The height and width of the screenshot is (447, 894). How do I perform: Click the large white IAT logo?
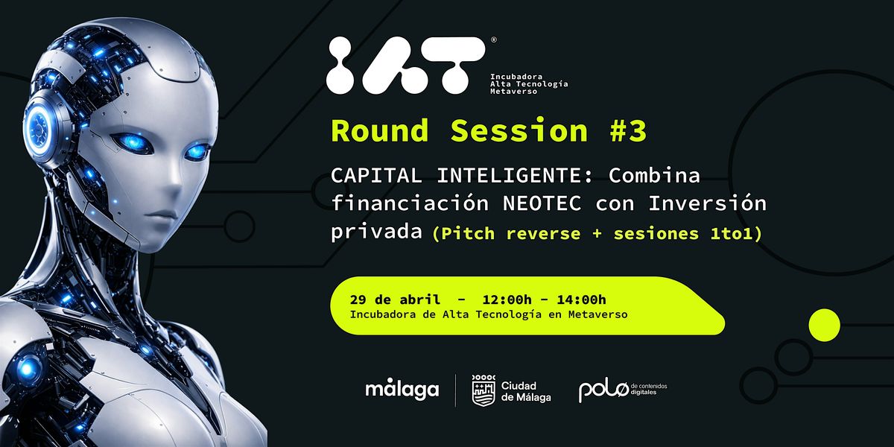click(x=406, y=66)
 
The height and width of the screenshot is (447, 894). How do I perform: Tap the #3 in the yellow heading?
click(x=628, y=130)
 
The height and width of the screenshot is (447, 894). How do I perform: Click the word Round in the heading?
click(x=380, y=130)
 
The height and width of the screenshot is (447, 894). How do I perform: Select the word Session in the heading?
click(x=519, y=130)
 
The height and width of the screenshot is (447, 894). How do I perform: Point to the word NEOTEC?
click(x=542, y=203)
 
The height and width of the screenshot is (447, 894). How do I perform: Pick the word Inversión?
click(x=707, y=203)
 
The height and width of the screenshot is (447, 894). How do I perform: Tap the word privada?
click(x=376, y=232)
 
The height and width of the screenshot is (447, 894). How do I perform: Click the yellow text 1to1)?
click(x=735, y=233)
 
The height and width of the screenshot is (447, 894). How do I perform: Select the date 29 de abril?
click(x=395, y=299)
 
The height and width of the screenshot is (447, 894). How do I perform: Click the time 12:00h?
click(x=507, y=299)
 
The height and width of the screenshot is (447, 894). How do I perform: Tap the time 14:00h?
click(x=582, y=299)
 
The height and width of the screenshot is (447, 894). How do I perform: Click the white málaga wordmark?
click(x=402, y=390)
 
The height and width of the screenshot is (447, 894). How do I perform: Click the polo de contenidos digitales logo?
click(x=623, y=390)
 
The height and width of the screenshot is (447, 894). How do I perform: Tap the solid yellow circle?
click(x=824, y=325)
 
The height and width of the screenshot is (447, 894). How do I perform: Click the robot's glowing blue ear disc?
click(x=39, y=129)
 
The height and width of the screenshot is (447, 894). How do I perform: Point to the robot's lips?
click(x=161, y=215)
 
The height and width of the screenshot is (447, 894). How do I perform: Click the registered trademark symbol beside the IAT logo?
click(x=494, y=39)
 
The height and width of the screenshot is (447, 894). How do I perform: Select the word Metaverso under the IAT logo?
click(x=513, y=92)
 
